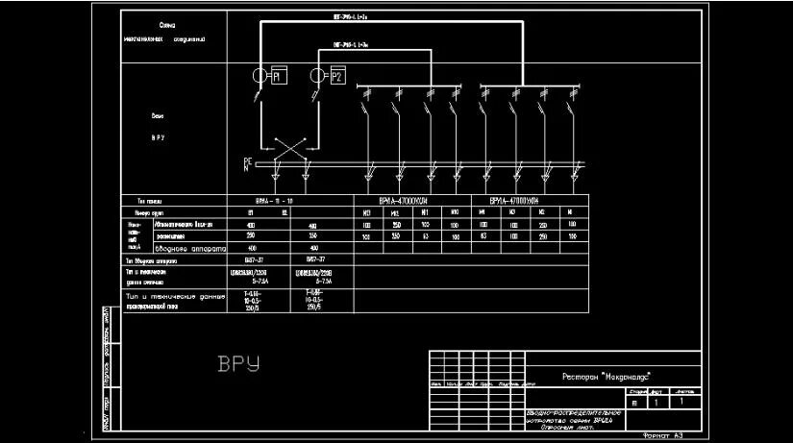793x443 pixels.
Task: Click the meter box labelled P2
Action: [336, 76]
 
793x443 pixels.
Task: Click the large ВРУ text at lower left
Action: [239, 364]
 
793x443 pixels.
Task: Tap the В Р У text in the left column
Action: [158, 137]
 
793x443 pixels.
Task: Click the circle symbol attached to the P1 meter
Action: [260, 76]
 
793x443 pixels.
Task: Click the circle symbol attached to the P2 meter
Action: [318, 76]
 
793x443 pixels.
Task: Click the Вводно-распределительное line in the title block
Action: [574, 413]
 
